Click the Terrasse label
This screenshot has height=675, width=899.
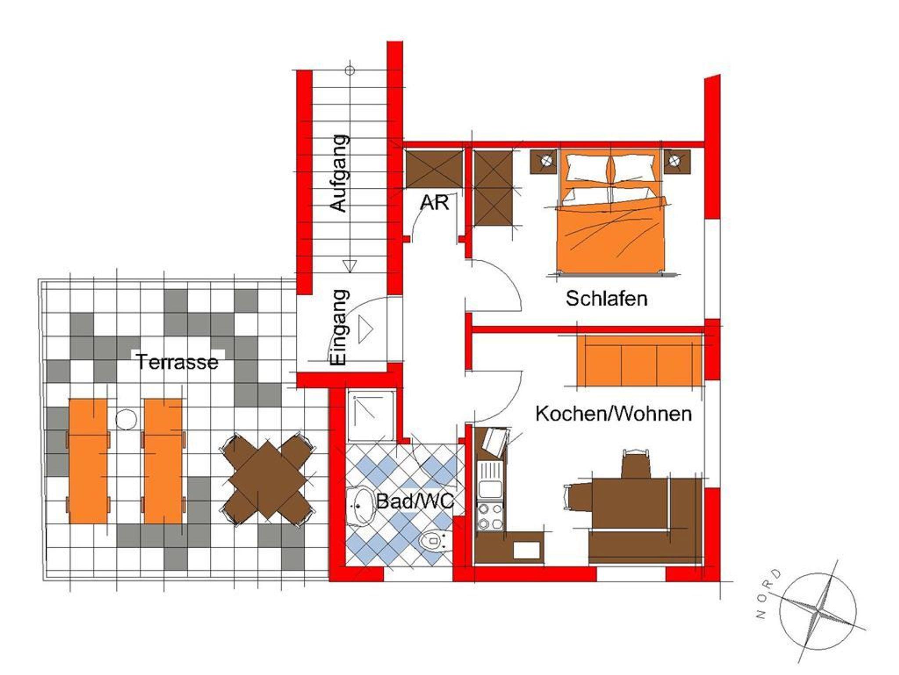[x=177, y=362]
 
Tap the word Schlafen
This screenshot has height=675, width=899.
[x=606, y=299]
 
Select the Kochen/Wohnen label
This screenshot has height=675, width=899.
[x=614, y=414]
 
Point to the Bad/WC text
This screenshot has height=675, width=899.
[x=415, y=502]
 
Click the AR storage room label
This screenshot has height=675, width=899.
[x=434, y=203]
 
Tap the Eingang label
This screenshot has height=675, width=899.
[x=339, y=327]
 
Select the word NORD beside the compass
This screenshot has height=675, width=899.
[x=768, y=595]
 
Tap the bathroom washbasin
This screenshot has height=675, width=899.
[x=361, y=506]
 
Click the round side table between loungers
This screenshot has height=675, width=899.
[x=126, y=419]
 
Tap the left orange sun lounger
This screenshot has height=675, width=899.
[x=88, y=461]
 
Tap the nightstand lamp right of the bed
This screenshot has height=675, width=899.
[x=677, y=162]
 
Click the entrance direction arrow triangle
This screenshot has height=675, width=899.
[x=365, y=329]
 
